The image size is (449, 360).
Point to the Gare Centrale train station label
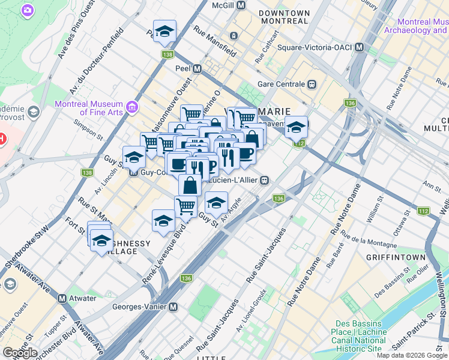(282, 85)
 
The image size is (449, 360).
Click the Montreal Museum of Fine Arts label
(89, 108)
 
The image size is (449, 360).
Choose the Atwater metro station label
(82, 298)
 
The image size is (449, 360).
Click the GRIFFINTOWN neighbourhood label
(394, 257)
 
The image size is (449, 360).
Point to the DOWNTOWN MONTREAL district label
(284, 17)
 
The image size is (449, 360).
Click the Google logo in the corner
(20, 353)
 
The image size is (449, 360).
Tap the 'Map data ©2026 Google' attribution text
(412, 355)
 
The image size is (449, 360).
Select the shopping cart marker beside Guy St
(186, 207)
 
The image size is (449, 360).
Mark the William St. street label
(375, 204)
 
